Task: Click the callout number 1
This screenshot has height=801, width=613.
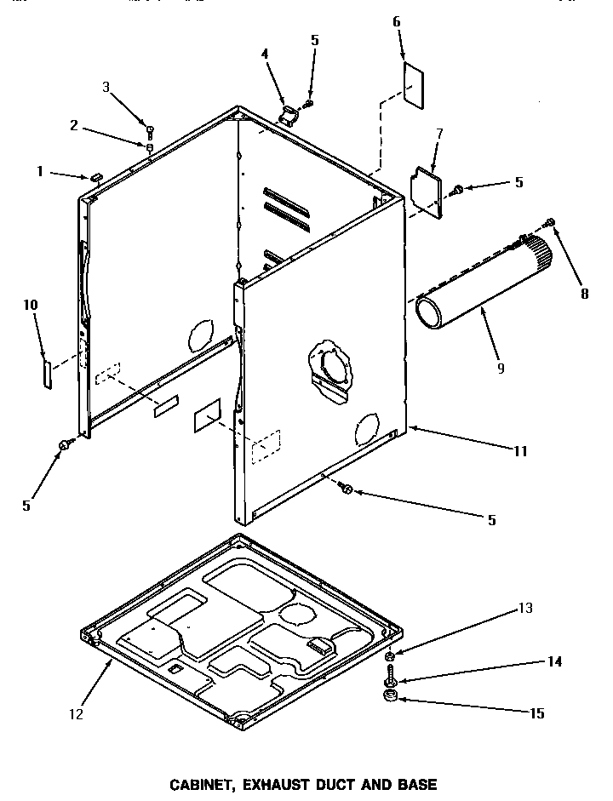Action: (x=39, y=171)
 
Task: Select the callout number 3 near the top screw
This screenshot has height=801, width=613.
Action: (x=106, y=86)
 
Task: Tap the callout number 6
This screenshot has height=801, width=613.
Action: (x=397, y=20)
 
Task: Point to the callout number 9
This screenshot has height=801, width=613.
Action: (x=500, y=368)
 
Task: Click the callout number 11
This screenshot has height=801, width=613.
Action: (x=520, y=451)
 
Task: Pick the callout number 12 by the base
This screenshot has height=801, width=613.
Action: (x=77, y=714)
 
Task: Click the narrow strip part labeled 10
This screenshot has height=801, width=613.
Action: (x=48, y=372)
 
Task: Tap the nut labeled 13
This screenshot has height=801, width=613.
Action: (x=389, y=656)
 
